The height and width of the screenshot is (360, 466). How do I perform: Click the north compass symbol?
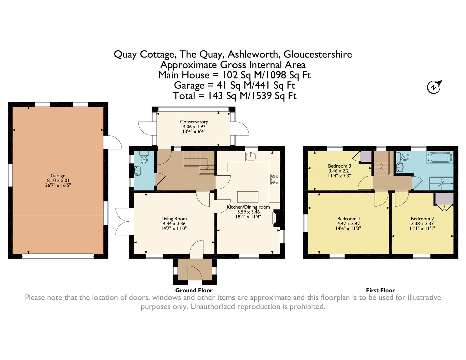(434, 87)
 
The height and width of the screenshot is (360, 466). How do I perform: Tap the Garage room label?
(58, 176)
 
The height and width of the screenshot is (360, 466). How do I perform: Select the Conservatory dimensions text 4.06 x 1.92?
(194, 127)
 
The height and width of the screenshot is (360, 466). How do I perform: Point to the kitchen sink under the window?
(251, 156)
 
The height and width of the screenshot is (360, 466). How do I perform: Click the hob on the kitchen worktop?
(275, 179)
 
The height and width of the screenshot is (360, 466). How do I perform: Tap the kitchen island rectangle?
(248, 197)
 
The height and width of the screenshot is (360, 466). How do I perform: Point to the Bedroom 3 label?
(340, 166)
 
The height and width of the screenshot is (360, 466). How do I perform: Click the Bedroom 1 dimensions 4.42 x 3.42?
(348, 223)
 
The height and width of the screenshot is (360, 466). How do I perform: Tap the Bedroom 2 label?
(422, 219)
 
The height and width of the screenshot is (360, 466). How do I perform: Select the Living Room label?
(174, 219)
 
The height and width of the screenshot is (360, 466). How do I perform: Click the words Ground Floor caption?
(194, 290)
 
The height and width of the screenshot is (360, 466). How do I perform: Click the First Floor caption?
(380, 290)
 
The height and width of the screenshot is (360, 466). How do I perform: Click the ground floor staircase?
(199, 163)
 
